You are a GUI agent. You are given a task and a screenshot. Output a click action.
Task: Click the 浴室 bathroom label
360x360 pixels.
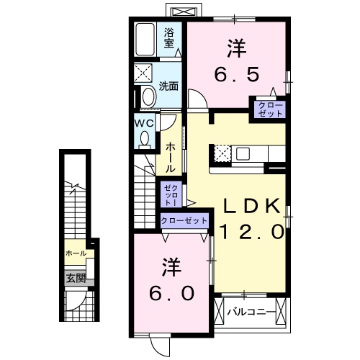[x=169, y=37]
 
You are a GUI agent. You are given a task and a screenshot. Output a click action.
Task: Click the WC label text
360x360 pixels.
[x=144, y=122]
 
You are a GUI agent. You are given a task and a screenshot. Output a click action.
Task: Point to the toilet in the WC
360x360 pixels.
[x=145, y=138]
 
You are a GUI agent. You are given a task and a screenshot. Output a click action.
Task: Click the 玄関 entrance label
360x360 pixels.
[x=76, y=277]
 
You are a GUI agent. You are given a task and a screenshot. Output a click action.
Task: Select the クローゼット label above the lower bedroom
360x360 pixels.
[x=184, y=221]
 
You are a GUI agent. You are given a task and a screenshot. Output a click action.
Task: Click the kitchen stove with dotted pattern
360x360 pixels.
[x=222, y=153]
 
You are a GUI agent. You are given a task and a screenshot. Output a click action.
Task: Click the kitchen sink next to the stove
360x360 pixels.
[x=241, y=153]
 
